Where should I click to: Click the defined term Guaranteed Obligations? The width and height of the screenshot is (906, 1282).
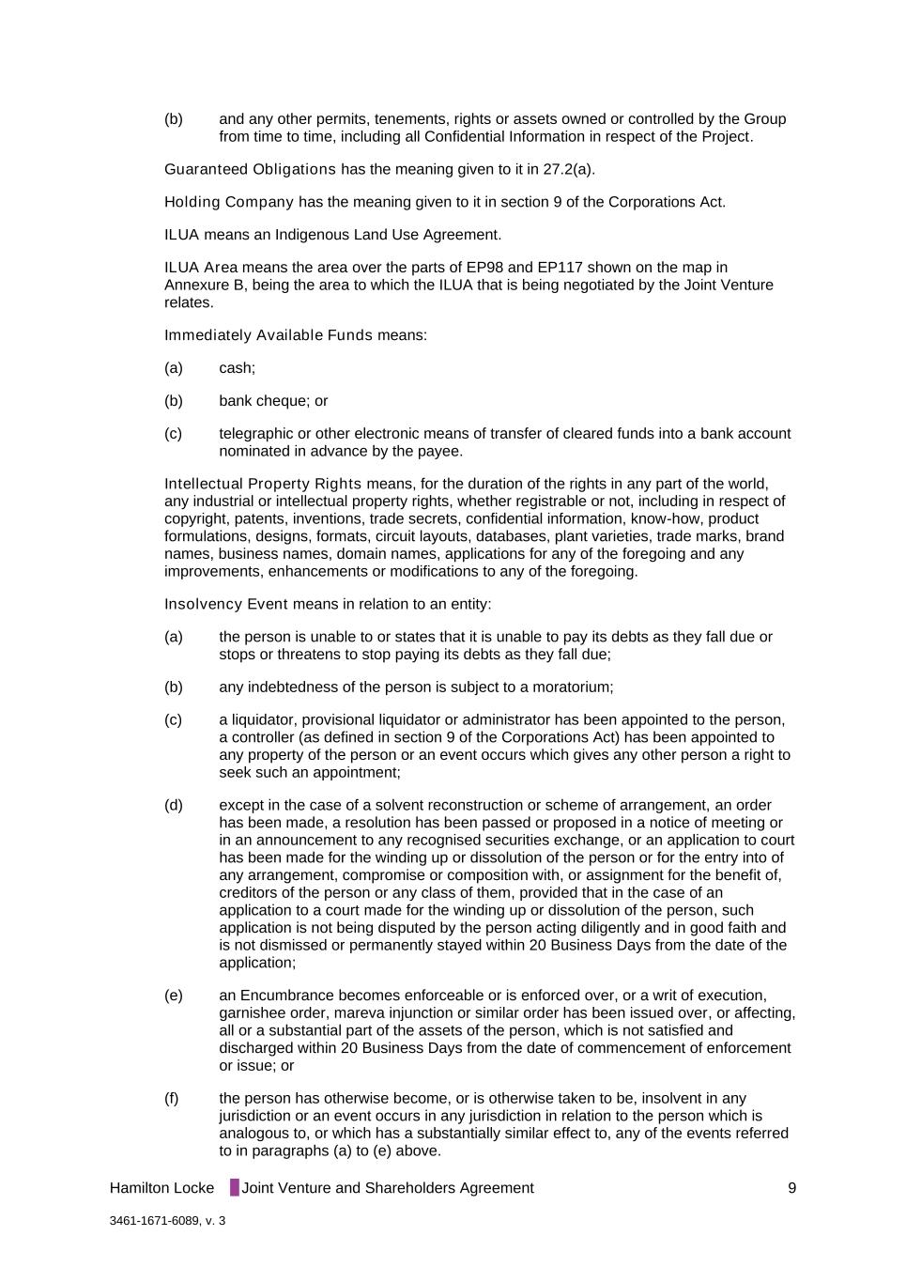[250, 169]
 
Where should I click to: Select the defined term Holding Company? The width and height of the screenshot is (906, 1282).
[229, 202]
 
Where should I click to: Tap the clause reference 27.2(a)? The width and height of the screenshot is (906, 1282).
[568, 169]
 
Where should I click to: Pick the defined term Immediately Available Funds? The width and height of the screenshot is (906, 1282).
[268, 335]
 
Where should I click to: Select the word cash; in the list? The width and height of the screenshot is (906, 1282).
[237, 368]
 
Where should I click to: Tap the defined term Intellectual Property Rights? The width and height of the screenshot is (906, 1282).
[262, 484]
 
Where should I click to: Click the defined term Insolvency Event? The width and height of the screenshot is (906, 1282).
[225, 604]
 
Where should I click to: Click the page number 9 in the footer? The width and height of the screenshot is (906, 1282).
[791, 1188]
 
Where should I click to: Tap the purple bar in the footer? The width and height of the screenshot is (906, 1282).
[235, 1188]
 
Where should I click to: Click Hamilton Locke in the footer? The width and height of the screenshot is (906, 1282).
[161, 1188]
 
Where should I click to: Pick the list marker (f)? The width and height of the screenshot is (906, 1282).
[172, 1098]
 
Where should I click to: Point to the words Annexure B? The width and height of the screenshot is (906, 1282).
[200, 285]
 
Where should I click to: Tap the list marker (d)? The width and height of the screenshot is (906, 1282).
[174, 805]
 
